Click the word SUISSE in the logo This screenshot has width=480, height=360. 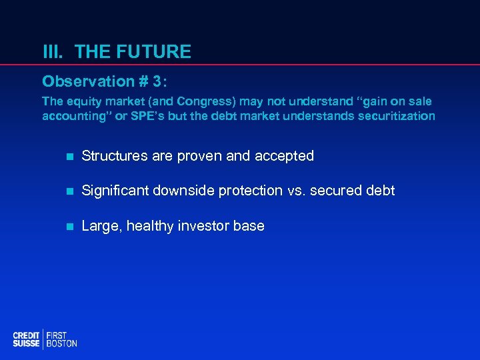(27, 343)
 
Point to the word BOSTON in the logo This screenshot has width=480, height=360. (62, 343)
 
